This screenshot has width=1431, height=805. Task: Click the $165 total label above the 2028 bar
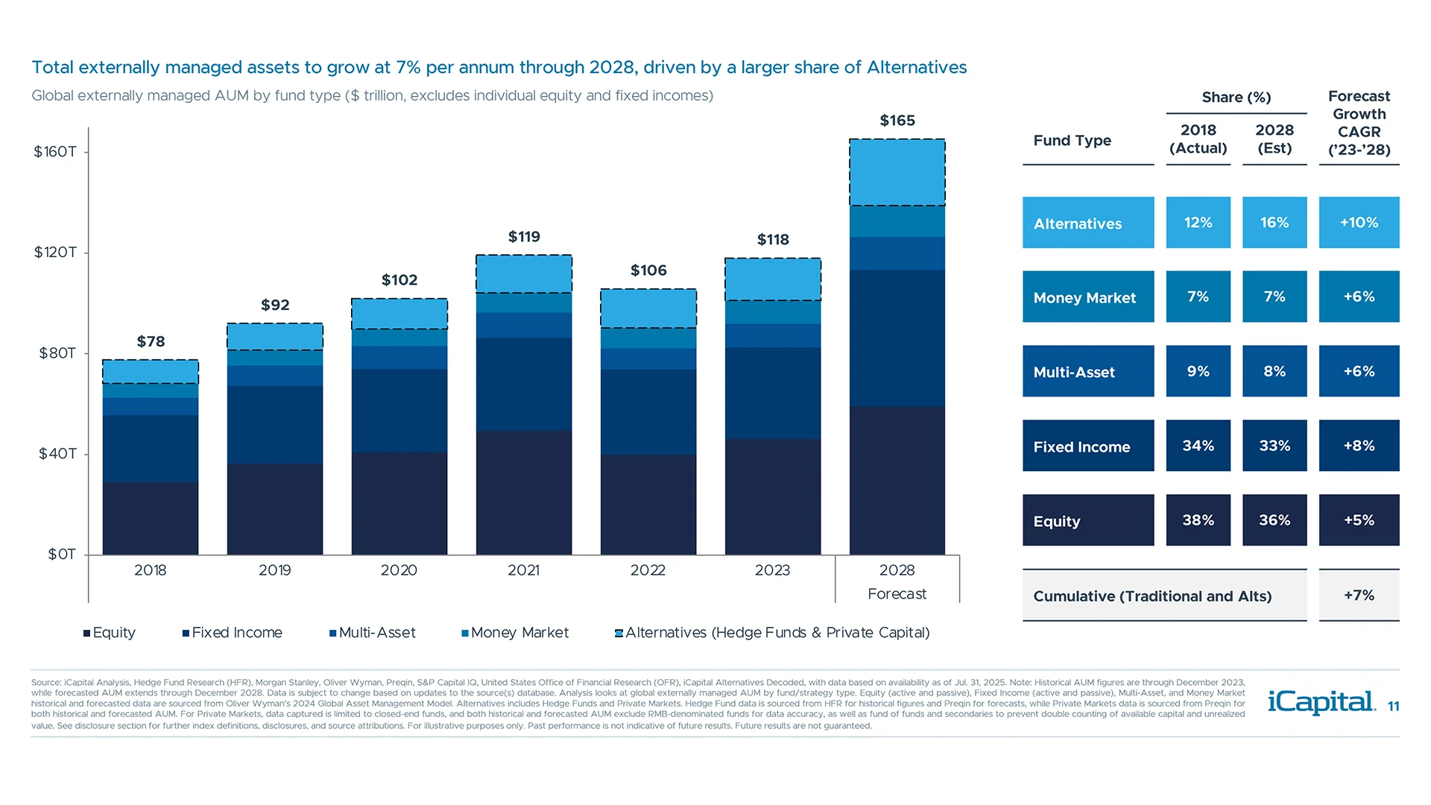[897, 121]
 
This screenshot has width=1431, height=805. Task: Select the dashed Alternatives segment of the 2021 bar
[524, 274]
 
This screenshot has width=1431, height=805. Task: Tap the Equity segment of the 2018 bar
[151, 518]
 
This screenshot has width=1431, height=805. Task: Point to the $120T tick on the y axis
[55, 252]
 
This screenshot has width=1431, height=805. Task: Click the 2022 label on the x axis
[648, 570]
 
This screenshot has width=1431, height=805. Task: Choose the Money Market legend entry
[515, 633]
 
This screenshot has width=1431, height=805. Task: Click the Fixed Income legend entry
[233, 633]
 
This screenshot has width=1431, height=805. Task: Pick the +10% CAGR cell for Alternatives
[1359, 222]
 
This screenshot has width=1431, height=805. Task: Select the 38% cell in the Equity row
[1198, 520]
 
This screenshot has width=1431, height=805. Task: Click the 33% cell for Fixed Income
[1274, 446]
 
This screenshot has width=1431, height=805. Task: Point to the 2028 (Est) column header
[1274, 139]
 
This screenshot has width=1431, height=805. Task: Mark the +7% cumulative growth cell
[1359, 595]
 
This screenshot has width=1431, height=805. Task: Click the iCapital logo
[1321, 702]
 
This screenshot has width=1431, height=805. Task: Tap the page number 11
[1393, 707]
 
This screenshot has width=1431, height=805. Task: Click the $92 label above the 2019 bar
[275, 305]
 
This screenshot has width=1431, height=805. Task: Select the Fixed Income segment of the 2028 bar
[897, 338]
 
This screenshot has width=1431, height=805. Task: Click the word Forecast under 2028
[897, 594]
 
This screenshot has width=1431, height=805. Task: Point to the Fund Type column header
[1072, 140]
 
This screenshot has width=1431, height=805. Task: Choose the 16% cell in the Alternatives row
[1274, 222]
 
